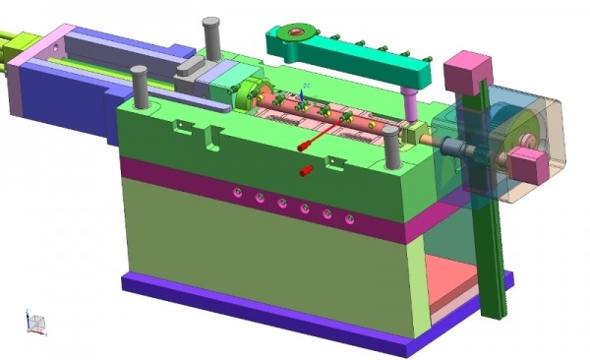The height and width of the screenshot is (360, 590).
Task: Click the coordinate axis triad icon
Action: point(35,323)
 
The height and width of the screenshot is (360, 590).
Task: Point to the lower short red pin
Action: point(306,171)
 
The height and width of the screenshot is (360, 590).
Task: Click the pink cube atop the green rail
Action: point(468,71)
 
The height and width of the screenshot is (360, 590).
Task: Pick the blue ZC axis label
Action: point(307,87)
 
